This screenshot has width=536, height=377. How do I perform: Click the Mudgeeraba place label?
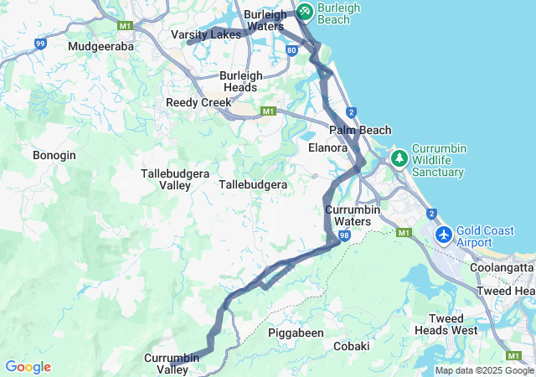coord(102,46)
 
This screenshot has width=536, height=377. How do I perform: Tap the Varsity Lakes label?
coord(206,34)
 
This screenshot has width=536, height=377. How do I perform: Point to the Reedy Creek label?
coord(198,102)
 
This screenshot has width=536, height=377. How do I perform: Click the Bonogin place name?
coord(54,155)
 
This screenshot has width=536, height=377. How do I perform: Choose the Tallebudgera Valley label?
coord(168,178)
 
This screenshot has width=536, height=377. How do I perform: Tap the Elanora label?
coord(327,147)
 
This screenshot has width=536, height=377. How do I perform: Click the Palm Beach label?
coord(360,130)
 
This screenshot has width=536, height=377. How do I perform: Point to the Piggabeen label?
coord(296,333)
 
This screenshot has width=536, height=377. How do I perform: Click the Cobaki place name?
coord(351,345)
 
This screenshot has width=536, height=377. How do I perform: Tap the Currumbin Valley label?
coord(172,364)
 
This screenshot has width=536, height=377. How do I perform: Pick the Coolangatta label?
coord(502,267)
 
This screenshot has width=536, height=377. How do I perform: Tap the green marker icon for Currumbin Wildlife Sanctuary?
coord(400,158)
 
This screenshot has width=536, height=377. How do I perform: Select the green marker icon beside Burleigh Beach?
coord(304,11)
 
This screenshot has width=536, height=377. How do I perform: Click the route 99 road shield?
coord(39,44)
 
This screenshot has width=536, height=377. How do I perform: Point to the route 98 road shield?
coord(344,237)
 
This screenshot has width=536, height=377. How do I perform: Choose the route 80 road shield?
coord(291,50)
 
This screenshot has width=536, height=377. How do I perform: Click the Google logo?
coord(28,367)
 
